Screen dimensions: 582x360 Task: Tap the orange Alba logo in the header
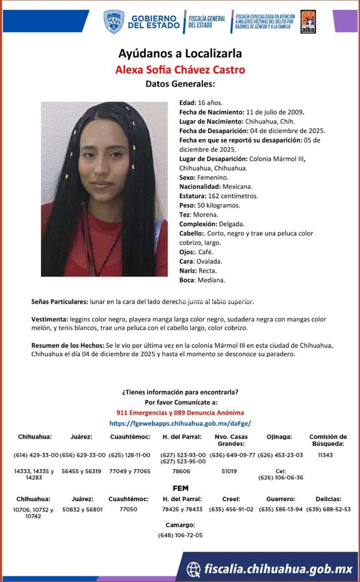pos(309,21)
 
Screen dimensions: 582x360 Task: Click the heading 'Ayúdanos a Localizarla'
pos(180,54)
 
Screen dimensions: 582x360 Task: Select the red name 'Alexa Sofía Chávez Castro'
pos(180,70)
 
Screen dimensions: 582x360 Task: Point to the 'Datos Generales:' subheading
pos(180,84)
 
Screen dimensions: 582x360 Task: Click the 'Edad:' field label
pos(187,103)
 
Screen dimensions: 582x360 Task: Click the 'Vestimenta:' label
pos(50,319)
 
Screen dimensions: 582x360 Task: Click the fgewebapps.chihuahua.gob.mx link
pos(180,423)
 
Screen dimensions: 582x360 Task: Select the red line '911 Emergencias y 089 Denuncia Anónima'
pos(180,412)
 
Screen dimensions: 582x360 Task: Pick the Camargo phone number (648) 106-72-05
pos(180,535)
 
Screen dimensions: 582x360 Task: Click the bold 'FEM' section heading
pos(180,488)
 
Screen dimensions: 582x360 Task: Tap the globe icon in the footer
pos(194,569)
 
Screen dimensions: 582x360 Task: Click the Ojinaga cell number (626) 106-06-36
pos(280,477)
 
